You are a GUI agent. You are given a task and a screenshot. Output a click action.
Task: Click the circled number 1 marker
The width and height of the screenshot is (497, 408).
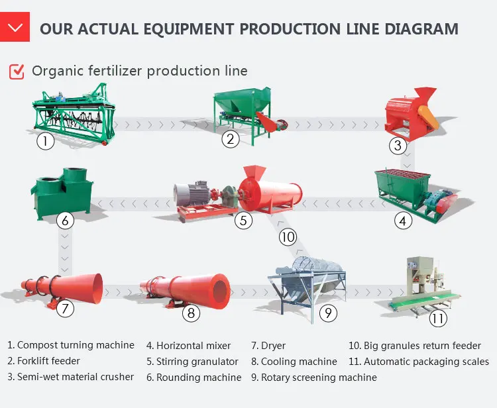point(44,140)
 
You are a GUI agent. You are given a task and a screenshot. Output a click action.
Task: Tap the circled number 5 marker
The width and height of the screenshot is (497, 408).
point(245,221)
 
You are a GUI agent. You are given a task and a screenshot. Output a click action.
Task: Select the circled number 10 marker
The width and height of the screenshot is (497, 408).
point(287,236)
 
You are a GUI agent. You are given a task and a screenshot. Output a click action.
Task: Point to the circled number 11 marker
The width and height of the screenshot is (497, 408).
point(437,319)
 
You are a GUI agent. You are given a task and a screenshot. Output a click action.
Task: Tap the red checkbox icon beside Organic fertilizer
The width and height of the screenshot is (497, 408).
point(17,71)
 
